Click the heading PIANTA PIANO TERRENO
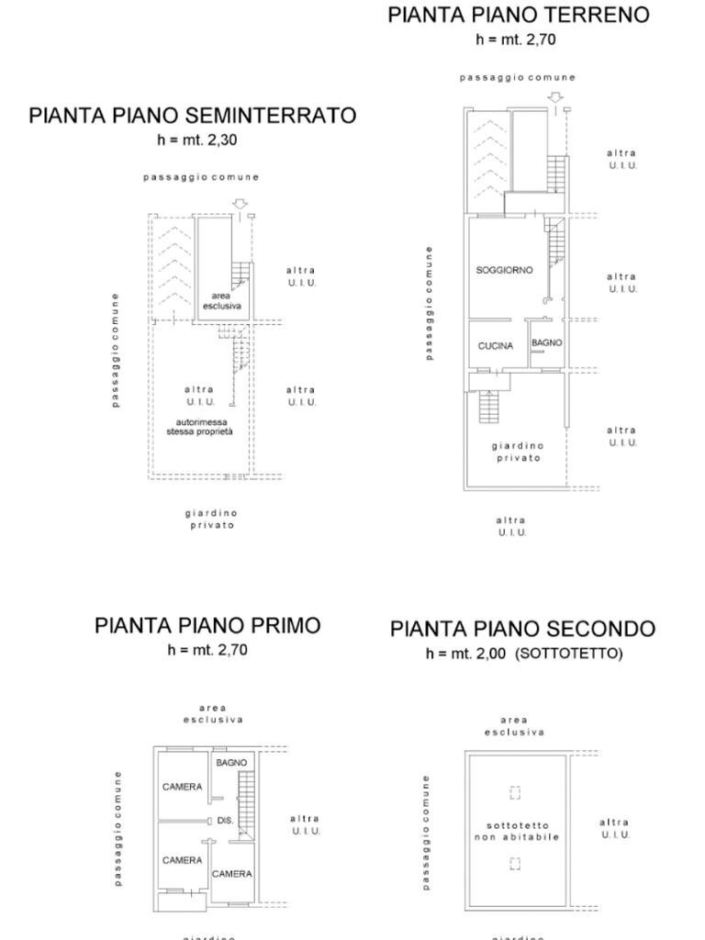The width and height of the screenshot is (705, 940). [518, 15]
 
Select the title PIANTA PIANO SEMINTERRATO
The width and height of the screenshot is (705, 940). [192, 116]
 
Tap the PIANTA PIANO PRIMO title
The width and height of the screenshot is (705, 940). [207, 626]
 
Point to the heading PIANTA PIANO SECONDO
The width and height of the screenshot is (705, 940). [522, 629]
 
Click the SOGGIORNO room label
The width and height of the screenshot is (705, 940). [504, 271]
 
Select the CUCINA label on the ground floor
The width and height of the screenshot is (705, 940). [496, 346]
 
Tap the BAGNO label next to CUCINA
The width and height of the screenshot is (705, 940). [546, 342]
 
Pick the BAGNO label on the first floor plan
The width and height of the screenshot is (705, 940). [231, 763]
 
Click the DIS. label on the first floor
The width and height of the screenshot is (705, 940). [226, 821]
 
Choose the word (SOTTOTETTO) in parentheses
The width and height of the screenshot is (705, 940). [568, 654]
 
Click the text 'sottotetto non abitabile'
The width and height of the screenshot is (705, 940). [517, 832]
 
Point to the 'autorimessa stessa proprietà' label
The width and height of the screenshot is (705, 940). [199, 426]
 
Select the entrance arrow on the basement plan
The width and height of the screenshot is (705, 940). [240, 204]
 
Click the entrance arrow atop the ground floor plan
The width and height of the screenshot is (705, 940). [554, 97]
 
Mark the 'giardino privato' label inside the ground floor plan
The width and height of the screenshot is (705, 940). [517, 452]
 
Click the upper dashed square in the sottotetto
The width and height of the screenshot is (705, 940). [515, 792]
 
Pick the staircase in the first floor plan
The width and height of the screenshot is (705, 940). [245, 803]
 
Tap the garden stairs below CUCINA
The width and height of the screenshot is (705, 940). [488, 407]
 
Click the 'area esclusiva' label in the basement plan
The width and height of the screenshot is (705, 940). [220, 301]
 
